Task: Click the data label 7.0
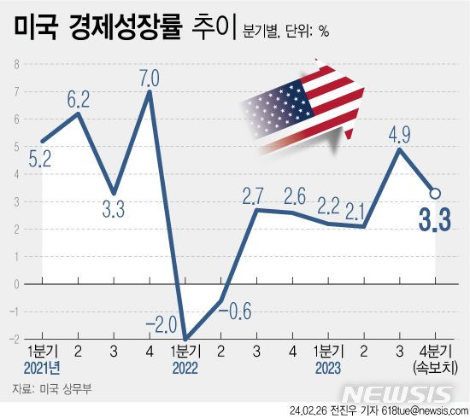point(149,79)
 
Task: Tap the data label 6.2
point(78,99)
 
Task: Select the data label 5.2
point(39,158)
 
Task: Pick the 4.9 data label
point(398,136)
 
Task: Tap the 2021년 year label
point(41,368)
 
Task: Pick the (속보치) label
point(434,369)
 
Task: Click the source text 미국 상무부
point(59,389)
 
